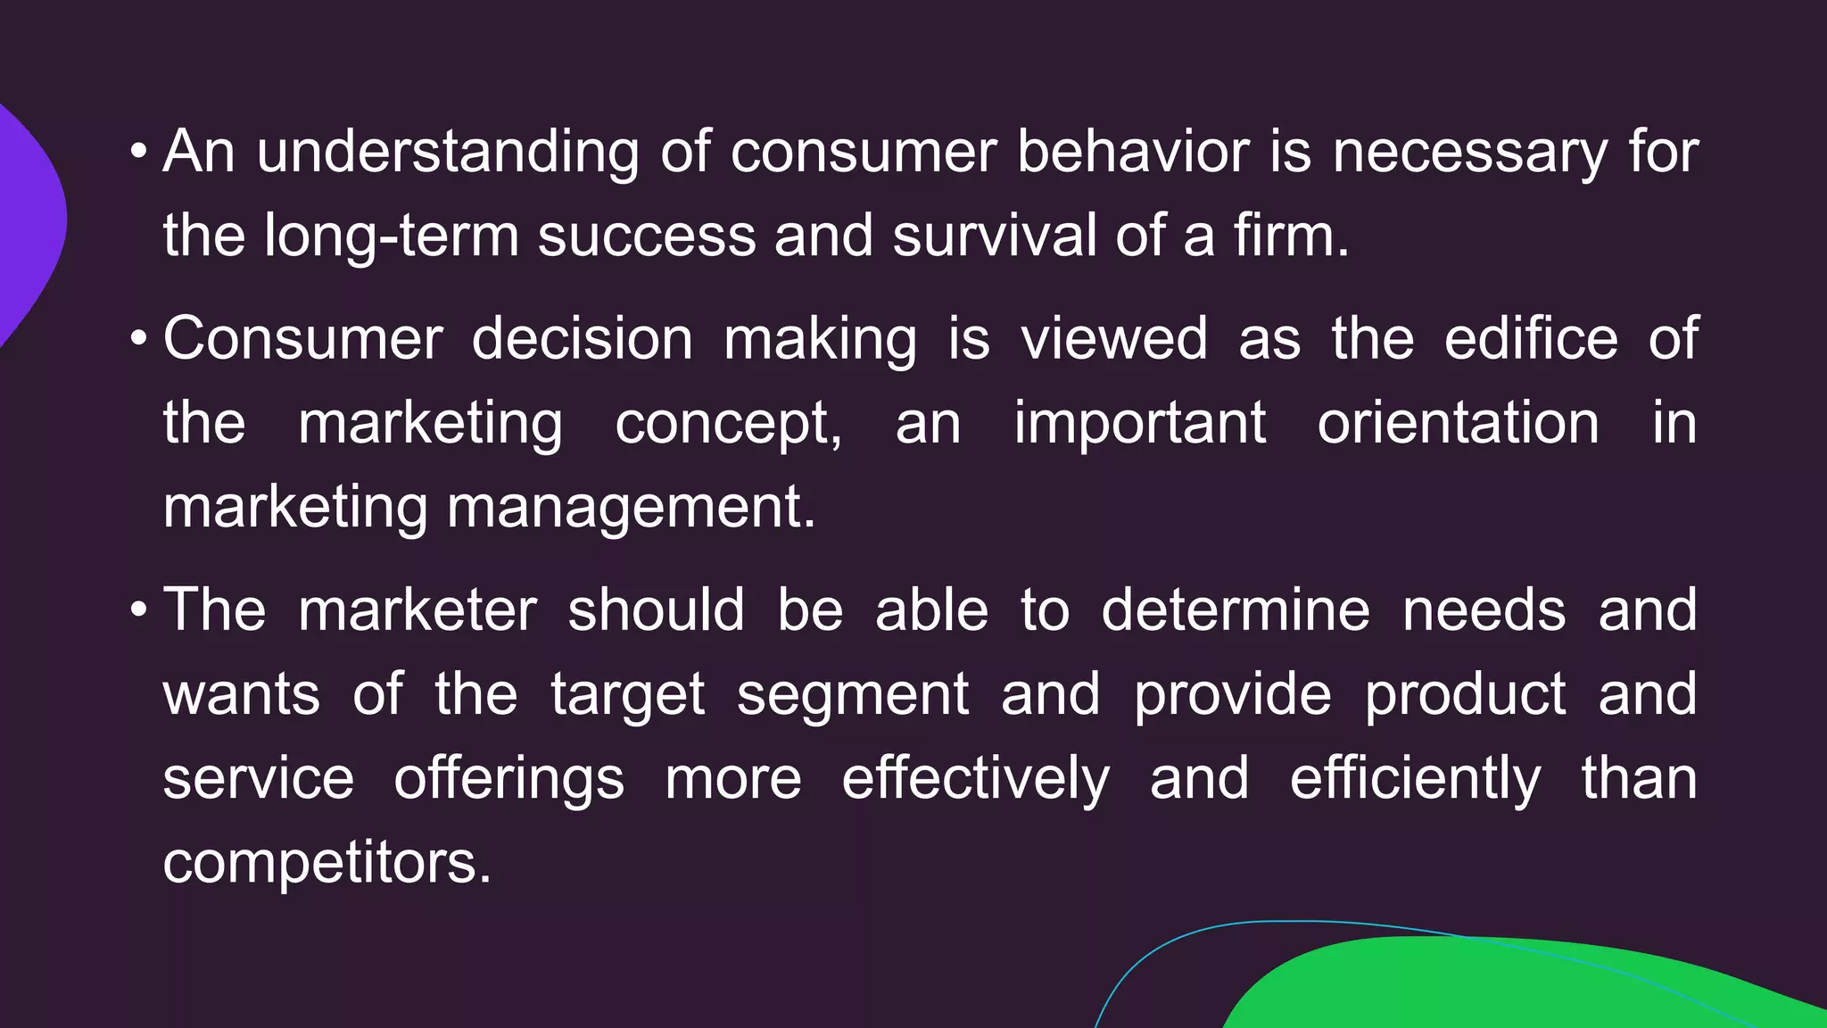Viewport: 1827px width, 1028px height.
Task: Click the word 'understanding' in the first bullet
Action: click(x=448, y=152)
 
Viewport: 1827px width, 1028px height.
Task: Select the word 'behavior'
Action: click(x=1133, y=152)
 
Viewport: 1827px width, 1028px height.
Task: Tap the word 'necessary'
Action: click(x=1469, y=152)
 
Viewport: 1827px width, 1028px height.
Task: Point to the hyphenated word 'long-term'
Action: click(x=392, y=236)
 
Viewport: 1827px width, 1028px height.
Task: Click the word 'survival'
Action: click(x=994, y=236)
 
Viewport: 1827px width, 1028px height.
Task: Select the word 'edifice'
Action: click(x=1531, y=339)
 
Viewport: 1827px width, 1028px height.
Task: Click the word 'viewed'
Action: click(x=1114, y=339)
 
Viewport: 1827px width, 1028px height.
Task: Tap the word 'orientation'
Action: click(x=1458, y=423)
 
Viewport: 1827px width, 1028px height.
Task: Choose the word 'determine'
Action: click(x=1236, y=610)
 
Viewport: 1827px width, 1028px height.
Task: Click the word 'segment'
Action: click(x=852, y=694)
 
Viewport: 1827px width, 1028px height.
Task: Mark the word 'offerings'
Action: click(x=509, y=778)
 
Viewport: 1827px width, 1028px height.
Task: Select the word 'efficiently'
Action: click(x=1415, y=778)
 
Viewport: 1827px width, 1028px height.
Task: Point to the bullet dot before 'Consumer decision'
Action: click(x=138, y=340)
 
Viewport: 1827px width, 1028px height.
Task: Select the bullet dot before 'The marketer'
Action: click(x=138, y=611)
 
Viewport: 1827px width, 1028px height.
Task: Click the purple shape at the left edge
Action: click(x=27, y=223)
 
